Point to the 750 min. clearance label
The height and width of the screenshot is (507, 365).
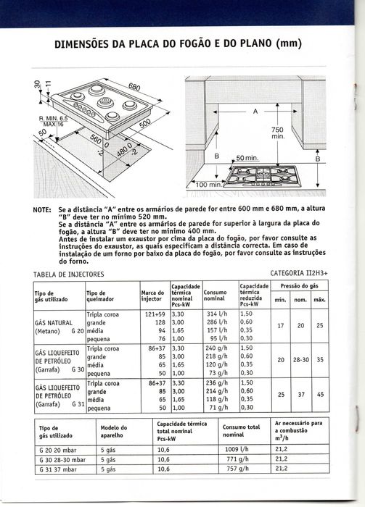point(277,133)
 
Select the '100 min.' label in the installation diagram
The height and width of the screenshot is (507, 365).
point(209,185)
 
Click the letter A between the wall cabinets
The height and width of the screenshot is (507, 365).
point(255,112)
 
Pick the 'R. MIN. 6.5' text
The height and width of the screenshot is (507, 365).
point(54,119)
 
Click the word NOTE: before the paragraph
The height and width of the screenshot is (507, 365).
point(42,210)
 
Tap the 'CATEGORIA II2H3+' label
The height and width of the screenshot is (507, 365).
point(299,274)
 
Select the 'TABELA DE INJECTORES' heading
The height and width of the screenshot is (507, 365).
point(69,275)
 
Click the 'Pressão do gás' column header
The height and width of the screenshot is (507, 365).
point(299,286)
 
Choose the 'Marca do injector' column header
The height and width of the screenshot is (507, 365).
point(152,296)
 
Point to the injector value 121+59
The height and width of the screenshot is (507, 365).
point(157,314)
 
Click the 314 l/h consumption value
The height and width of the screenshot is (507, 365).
point(217,314)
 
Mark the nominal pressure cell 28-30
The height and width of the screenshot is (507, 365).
point(301,359)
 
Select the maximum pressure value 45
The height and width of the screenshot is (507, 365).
point(320,395)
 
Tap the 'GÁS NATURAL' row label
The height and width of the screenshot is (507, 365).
point(54,323)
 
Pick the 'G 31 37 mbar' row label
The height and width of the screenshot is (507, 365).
point(58,469)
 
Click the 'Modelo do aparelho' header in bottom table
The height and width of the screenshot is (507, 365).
point(114,432)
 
